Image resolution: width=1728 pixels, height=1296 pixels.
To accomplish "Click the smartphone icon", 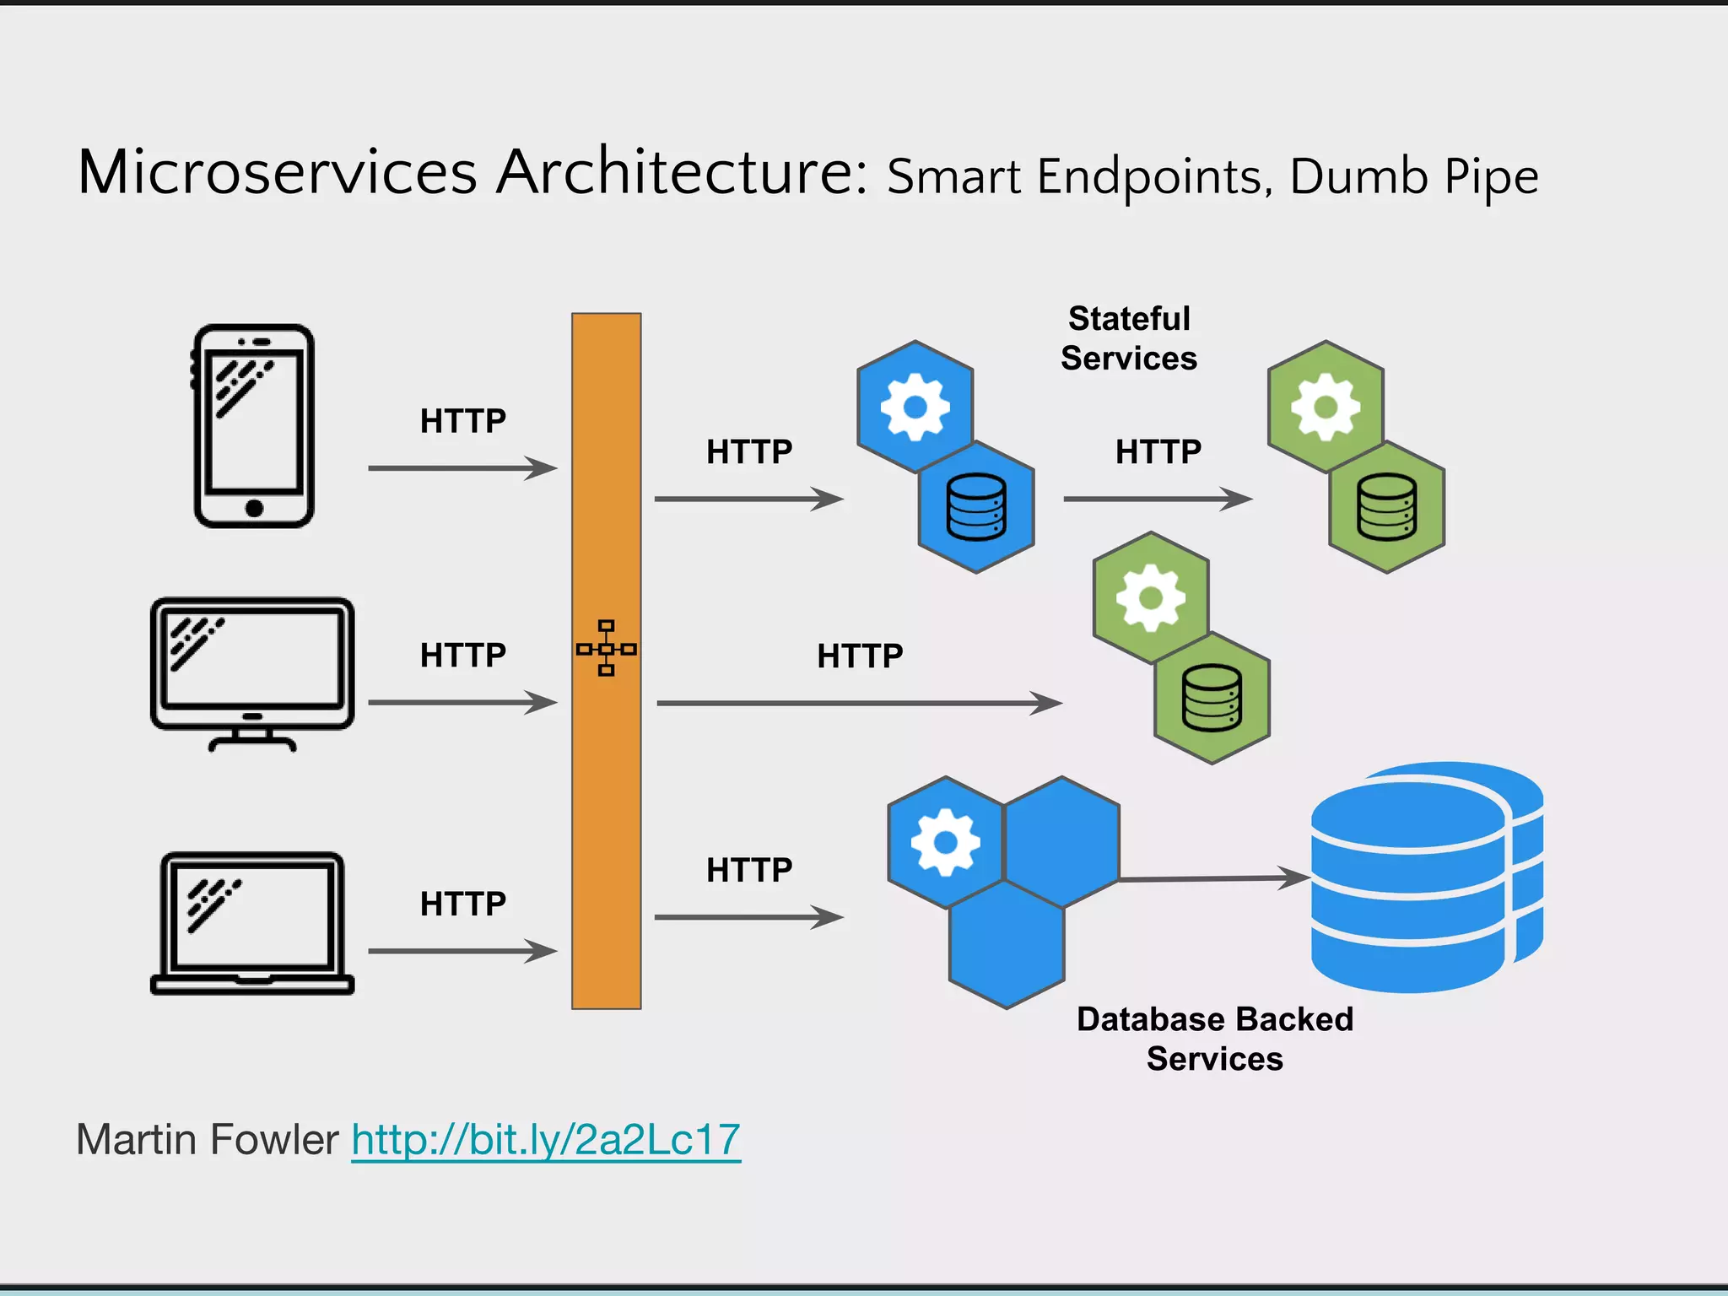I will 254,426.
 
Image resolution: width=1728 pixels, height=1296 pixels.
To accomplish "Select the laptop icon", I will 252,924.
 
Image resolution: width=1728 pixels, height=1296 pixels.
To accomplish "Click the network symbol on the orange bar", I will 606,648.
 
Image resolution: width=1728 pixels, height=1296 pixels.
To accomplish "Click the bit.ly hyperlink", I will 546,1139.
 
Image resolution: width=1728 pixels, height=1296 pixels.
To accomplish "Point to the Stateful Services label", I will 1129,338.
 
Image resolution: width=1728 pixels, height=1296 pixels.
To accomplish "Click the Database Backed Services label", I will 1214,1039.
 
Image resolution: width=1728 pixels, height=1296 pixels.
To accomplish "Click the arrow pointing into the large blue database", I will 1215,878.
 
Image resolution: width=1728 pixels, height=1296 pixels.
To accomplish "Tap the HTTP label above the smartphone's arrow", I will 463,421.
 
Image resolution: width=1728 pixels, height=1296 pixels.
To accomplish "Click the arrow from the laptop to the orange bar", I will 462,951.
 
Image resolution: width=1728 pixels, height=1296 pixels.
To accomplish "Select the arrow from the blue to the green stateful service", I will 1158,499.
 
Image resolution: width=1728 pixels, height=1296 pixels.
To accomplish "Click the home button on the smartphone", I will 254,507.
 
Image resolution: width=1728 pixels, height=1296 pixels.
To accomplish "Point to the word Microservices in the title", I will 278,173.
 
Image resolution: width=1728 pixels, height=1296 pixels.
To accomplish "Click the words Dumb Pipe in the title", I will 1414,176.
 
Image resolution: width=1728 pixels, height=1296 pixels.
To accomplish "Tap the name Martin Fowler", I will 208,1139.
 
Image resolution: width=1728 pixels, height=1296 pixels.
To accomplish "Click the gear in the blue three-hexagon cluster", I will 945,841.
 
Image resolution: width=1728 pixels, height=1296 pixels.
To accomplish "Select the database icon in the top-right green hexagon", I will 1386,506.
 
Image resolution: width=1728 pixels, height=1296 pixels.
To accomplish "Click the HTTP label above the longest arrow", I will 860,656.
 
